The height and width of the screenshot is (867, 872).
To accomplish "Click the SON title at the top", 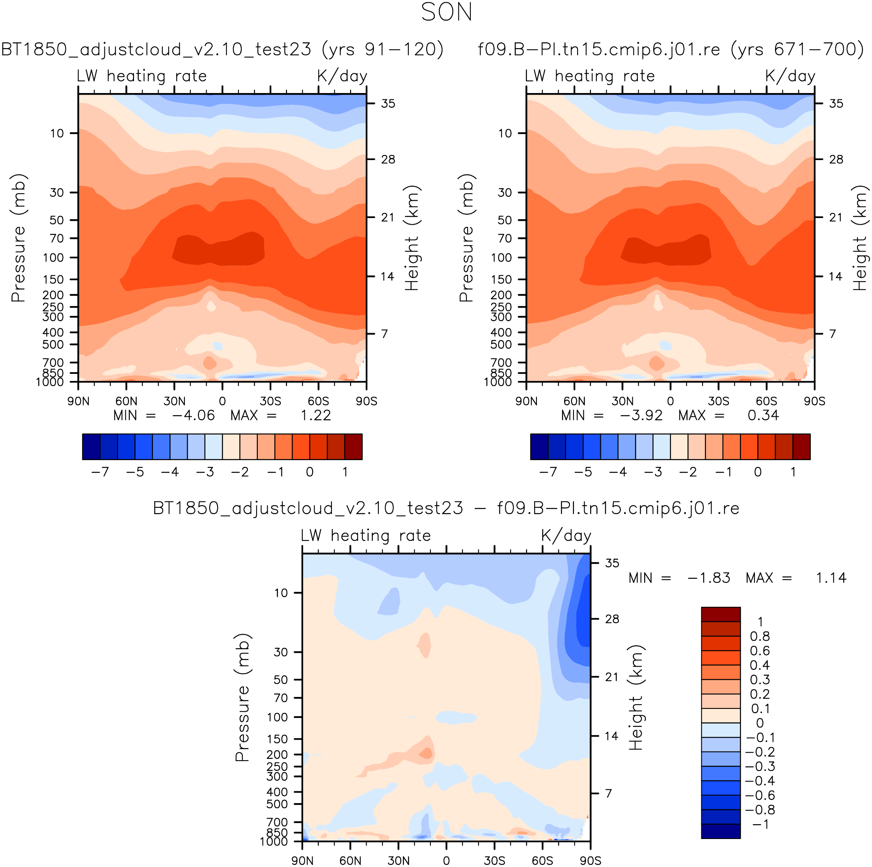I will click(x=446, y=12).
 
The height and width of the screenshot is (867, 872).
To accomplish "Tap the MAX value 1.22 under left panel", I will click(x=315, y=415).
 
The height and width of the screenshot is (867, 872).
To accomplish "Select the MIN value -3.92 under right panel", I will click(x=641, y=415).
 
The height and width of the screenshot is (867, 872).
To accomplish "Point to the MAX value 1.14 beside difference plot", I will click(x=831, y=578).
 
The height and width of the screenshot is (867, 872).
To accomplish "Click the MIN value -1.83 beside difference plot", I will click(x=709, y=578).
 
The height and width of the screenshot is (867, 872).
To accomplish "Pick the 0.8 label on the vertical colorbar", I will click(x=760, y=636).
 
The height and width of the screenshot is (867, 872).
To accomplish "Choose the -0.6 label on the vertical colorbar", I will click(x=760, y=795).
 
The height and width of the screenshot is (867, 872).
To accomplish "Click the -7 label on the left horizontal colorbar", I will click(x=100, y=472).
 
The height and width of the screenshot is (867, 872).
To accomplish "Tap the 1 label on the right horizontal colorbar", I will click(x=793, y=472).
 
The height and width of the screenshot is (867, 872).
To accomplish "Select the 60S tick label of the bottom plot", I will click(x=542, y=860).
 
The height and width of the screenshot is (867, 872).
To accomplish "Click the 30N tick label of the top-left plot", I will click(x=174, y=401).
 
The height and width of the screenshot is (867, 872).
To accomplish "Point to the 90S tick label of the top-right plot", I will click(x=814, y=401).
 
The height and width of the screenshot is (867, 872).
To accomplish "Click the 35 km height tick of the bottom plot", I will click(x=612, y=563).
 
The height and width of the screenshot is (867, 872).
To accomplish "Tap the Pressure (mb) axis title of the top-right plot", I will click(x=466, y=238).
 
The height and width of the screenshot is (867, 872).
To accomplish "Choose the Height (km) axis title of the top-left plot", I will click(x=412, y=238).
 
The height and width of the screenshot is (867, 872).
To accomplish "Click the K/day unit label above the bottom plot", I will click(x=566, y=536).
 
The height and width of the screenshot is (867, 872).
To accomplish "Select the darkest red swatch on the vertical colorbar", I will click(x=721, y=614).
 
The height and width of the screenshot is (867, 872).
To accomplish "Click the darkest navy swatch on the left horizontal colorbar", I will click(x=91, y=447).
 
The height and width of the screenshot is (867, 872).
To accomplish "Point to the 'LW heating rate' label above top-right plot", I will click(x=589, y=76).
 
